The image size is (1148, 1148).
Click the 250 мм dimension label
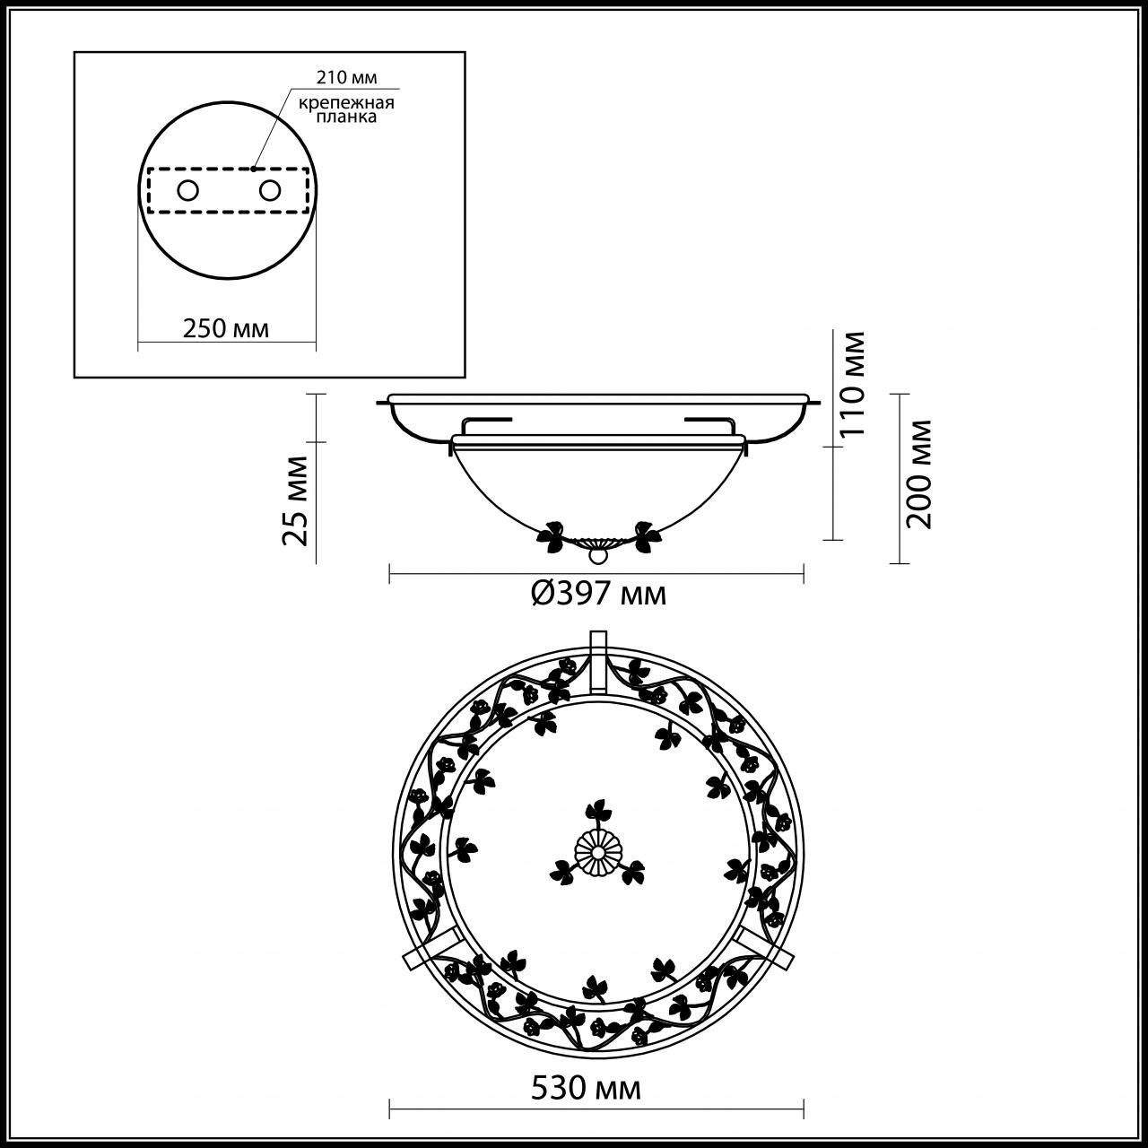[x=225, y=328]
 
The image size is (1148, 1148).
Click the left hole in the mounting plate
[x=187, y=190]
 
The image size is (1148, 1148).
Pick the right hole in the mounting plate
[x=268, y=190]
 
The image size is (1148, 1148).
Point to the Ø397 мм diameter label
[x=598, y=594]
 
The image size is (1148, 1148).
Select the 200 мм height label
[x=920, y=474]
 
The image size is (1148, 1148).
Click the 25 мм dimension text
[x=295, y=500]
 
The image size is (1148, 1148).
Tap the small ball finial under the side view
[x=596, y=556]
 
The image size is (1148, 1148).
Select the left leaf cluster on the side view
[x=552, y=536]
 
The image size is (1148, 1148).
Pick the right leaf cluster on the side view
[x=644, y=535]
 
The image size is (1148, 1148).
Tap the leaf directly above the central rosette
[x=596, y=813]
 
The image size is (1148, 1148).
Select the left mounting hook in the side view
[x=484, y=421]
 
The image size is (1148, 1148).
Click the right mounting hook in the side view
[x=709, y=421]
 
